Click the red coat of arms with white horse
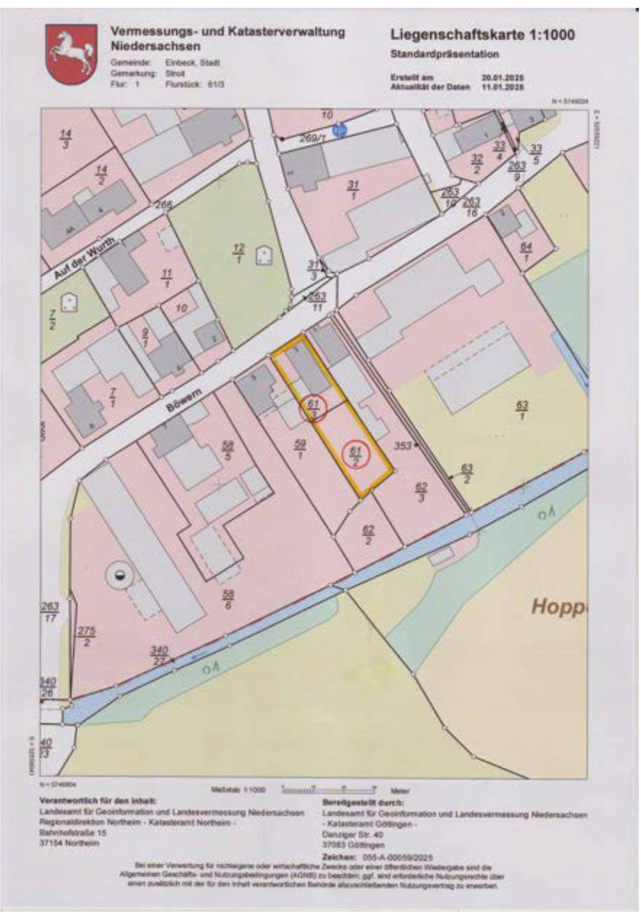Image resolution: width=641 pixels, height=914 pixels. pyautogui.click(x=71, y=54)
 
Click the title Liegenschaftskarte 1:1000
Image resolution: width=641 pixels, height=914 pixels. pyautogui.click(x=482, y=35)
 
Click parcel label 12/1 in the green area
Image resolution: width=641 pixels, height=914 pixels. pyautogui.click(x=239, y=254)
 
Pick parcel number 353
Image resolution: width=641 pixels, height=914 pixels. pyautogui.click(x=403, y=446)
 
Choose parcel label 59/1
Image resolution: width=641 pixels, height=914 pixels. pyautogui.click(x=301, y=449)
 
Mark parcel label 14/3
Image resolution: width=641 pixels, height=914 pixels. pyautogui.click(x=66, y=139)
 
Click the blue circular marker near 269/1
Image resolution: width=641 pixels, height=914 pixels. pyautogui.click(x=339, y=130)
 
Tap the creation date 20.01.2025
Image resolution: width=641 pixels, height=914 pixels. pyautogui.click(x=503, y=78)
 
